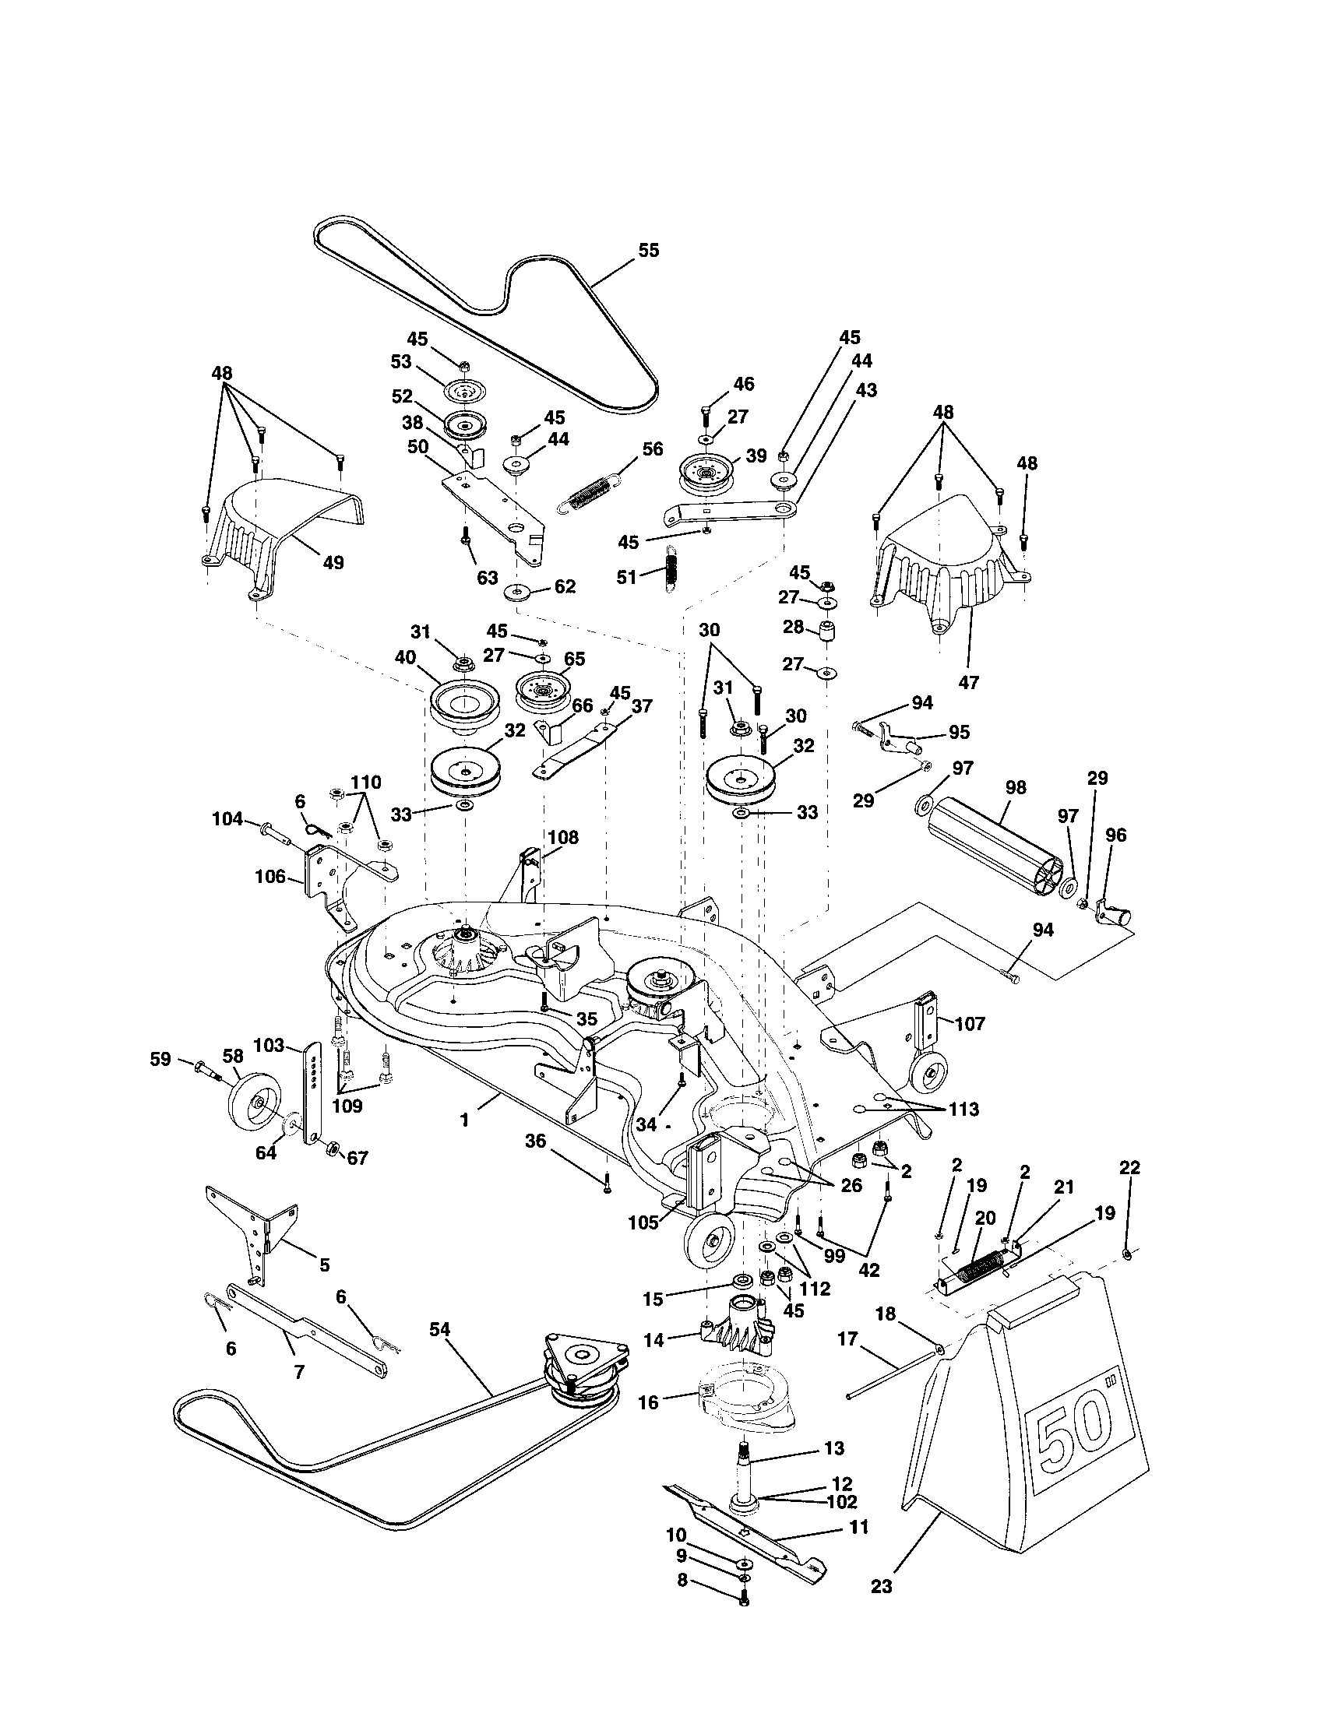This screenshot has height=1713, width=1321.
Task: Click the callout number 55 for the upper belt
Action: click(x=647, y=250)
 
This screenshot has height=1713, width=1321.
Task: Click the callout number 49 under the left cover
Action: click(x=333, y=562)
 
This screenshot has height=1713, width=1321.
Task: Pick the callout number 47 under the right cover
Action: click(x=969, y=682)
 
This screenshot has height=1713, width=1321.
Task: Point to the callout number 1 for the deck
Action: click(x=464, y=1120)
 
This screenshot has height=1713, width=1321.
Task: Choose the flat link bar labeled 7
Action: click(x=306, y=1328)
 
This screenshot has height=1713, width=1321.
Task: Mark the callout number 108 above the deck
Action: click(x=563, y=838)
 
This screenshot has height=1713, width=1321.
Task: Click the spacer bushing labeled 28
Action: click(x=827, y=632)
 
